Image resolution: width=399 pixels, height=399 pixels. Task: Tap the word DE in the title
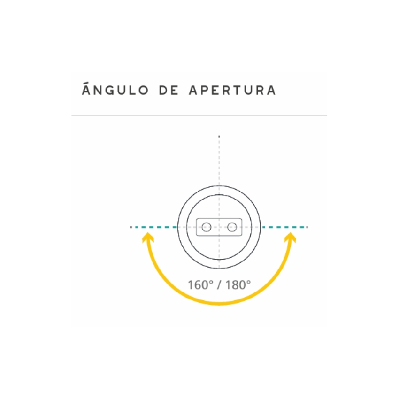(169, 90)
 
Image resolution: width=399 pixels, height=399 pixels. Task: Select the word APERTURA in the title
(232, 90)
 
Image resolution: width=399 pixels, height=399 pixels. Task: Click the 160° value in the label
(200, 285)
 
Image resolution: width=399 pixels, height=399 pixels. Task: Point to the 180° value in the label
(238, 285)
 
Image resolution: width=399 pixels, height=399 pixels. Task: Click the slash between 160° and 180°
(219, 285)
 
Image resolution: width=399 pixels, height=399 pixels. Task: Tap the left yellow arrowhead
(148, 238)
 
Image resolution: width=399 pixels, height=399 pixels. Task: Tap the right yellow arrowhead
(290, 238)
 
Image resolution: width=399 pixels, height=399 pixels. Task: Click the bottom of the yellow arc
(219, 303)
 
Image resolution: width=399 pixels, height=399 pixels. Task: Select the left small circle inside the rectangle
(207, 227)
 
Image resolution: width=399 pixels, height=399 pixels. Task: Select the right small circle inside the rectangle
(232, 227)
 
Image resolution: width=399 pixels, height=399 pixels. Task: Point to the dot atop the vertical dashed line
(219, 137)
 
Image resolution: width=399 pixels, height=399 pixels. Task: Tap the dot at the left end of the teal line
(131, 227)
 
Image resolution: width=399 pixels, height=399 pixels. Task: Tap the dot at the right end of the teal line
(307, 227)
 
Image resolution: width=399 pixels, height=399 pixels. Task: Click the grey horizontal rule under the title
(199, 116)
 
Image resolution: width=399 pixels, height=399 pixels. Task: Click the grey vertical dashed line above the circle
(219, 161)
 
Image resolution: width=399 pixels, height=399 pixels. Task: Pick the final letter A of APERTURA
(271, 90)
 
